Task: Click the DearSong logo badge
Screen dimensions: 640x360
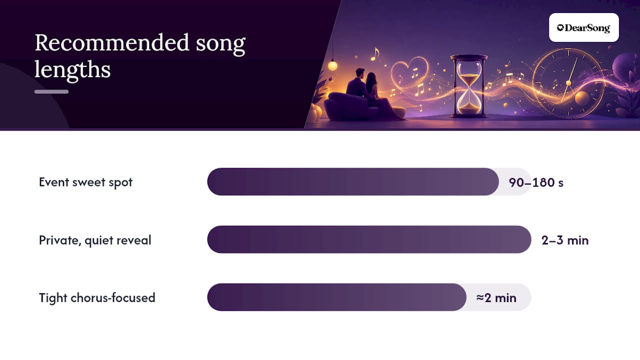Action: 583,27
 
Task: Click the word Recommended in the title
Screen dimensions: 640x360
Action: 111,43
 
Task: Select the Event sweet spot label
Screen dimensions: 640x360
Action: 85,182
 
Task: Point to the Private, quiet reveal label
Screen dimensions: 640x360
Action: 95,240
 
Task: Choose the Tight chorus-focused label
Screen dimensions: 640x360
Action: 97,297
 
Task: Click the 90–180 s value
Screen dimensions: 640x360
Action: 536,182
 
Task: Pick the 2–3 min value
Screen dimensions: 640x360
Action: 565,240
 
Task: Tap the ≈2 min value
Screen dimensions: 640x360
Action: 496,298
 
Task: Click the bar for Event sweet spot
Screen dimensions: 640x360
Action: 353,181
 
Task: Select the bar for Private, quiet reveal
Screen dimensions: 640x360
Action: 369,239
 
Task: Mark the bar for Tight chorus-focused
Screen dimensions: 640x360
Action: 337,297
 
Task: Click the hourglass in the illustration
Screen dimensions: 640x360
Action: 469,86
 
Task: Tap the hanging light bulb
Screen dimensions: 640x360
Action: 332,65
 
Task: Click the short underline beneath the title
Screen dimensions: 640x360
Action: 51,91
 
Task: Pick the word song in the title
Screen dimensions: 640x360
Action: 220,44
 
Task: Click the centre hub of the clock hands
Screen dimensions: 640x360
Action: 568,83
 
